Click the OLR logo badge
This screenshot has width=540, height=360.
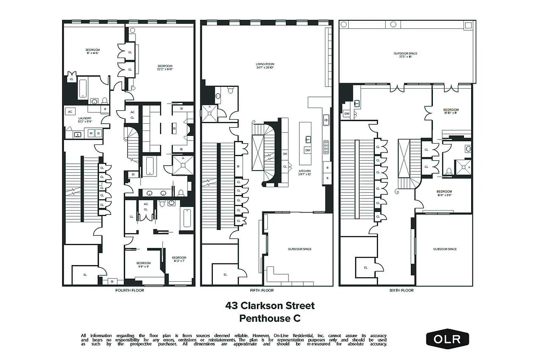pos(447,339)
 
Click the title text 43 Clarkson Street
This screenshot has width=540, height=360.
pos(270,306)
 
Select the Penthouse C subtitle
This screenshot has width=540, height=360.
pos(270,319)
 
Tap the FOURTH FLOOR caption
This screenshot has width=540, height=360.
pos(130,290)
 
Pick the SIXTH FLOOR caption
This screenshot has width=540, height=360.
pos(401,290)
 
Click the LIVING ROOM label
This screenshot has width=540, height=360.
pos(265,66)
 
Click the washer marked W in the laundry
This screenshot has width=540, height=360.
pos(90,133)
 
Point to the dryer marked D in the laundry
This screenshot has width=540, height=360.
pos(98,133)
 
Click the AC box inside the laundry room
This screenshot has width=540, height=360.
pos(70,111)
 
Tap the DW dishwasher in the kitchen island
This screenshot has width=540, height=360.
pos(308,150)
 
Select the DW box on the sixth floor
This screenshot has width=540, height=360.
pos(346,114)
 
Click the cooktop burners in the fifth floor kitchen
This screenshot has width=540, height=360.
pos(326,147)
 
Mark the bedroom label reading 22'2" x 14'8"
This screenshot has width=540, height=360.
pos(165,67)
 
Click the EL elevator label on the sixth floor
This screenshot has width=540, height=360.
pos(366,267)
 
